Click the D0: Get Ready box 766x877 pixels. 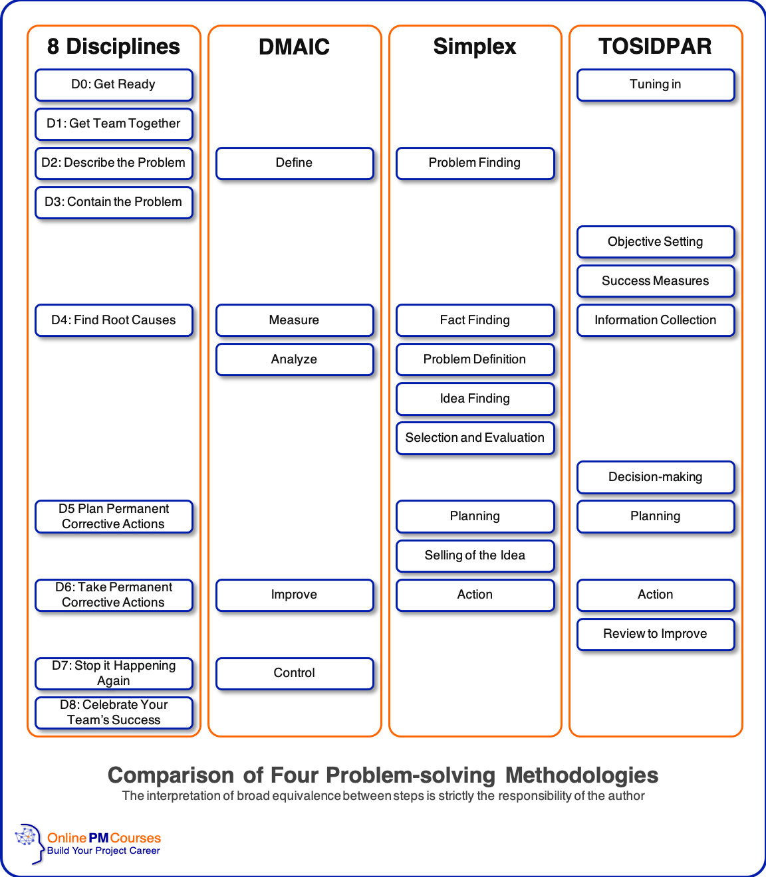pyautogui.click(x=114, y=84)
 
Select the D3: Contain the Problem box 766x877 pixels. pyautogui.click(x=114, y=202)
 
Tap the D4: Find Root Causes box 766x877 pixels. pyautogui.click(x=114, y=320)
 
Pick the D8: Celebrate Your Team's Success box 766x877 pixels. pyautogui.click(x=114, y=712)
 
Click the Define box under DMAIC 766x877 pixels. pyautogui.click(x=294, y=163)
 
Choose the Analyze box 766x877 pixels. pyautogui.click(x=294, y=359)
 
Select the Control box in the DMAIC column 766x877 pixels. pyautogui.click(x=294, y=673)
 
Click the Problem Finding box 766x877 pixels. pyautogui.click(x=475, y=163)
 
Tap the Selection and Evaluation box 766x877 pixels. pyautogui.click(x=475, y=438)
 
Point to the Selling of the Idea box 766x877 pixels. pyautogui.click(x=475, y=555)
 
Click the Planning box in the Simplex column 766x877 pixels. pyautogui.click(x=475, y=516)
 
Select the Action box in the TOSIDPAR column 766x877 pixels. pyautogui.click(x=656, y=595)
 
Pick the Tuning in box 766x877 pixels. pyautogui.click(x=656, y=84)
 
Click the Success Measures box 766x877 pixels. pyautogui.click(x=656, y=281)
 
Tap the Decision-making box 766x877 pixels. pyautogui.click(x=656, y=477)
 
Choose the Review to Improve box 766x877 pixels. pyautogui.click(x=656, y=634)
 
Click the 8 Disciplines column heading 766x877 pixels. pyautogui.click(x=114, y=47)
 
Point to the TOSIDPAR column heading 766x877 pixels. pyautogui.click(x=656, y=47)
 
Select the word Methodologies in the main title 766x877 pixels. pyautogui.click(x=582, y=775)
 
